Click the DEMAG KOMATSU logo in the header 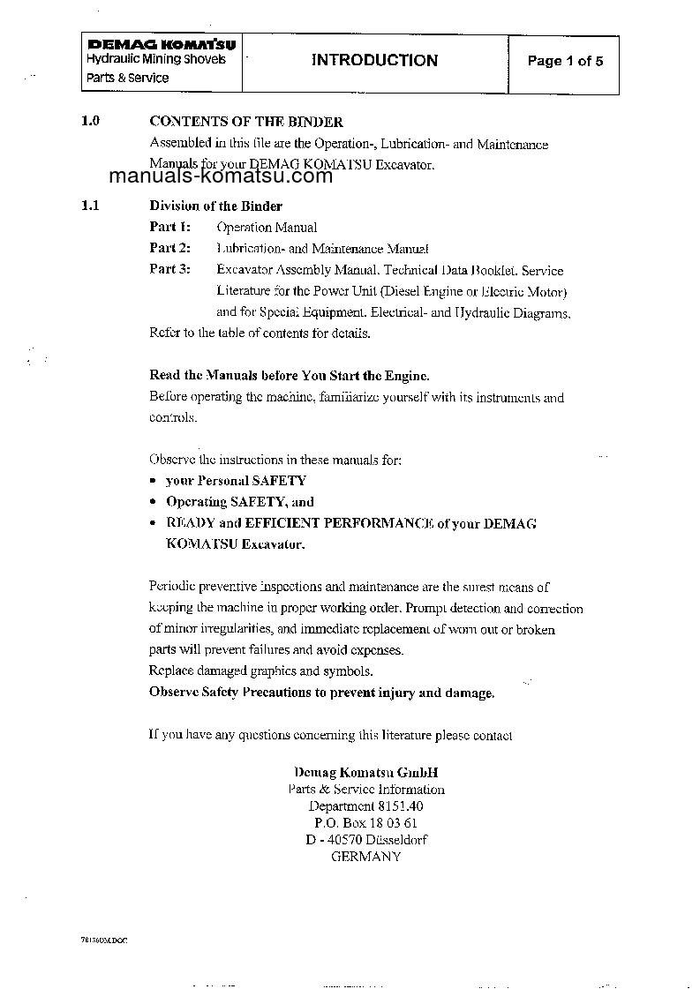click(x=154, y=44)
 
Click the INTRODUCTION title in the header click(x=374, y=60)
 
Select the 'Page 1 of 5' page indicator click(x=565, y=61)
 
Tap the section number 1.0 click(x=90, y=122)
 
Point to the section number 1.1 click(x=90, y=206)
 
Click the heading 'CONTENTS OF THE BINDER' click(x=246, y=122)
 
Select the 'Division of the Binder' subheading click(x=215, y=206)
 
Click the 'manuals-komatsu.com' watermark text click(x=221, y=176)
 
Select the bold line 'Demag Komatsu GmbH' click(x=366, y=771)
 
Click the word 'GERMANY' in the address click(x=366, y=857)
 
